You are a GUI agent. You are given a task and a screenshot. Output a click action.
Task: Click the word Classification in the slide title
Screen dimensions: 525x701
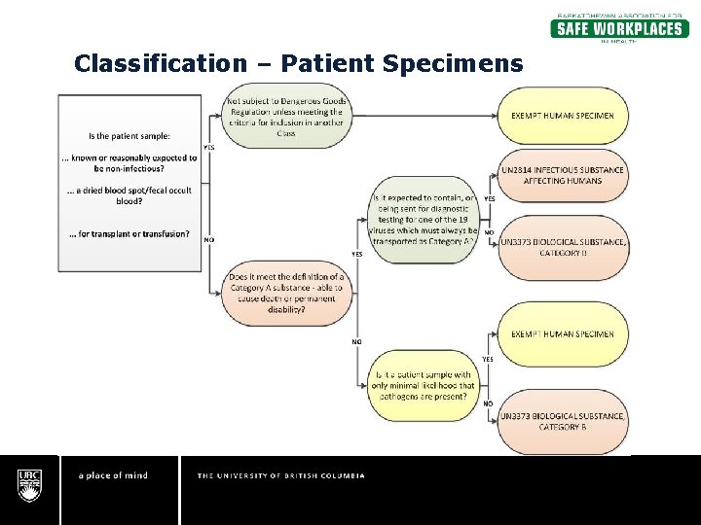[161, 64]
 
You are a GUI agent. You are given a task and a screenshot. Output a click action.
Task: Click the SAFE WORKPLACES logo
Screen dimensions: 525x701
[619, 27]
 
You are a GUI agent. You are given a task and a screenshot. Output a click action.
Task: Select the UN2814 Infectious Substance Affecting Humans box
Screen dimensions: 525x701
[563, 176]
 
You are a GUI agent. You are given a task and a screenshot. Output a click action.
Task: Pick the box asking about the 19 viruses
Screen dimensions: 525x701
[424, 220]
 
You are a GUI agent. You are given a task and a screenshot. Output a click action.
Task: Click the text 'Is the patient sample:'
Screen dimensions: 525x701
[129, 136]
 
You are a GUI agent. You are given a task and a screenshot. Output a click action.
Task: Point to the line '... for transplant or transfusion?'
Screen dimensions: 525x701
[129, 233]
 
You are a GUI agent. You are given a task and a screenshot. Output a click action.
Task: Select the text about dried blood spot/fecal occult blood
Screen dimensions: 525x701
[129, 195]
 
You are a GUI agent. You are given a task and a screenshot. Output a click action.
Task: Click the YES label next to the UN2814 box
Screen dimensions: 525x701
[489, 198]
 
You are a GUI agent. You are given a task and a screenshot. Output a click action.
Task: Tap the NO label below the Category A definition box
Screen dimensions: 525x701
[356, 342]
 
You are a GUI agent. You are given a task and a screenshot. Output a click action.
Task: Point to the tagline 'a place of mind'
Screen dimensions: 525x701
[113, 475]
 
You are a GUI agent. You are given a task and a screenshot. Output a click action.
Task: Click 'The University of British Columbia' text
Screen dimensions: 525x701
[281, 475]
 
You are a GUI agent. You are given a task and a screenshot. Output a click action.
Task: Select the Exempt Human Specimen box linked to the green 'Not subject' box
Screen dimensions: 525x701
[563, 116]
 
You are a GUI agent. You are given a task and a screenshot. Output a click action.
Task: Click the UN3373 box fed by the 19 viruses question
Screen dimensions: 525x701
[563, 247]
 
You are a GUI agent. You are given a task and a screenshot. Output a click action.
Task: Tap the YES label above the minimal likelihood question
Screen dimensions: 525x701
[488, 359]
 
